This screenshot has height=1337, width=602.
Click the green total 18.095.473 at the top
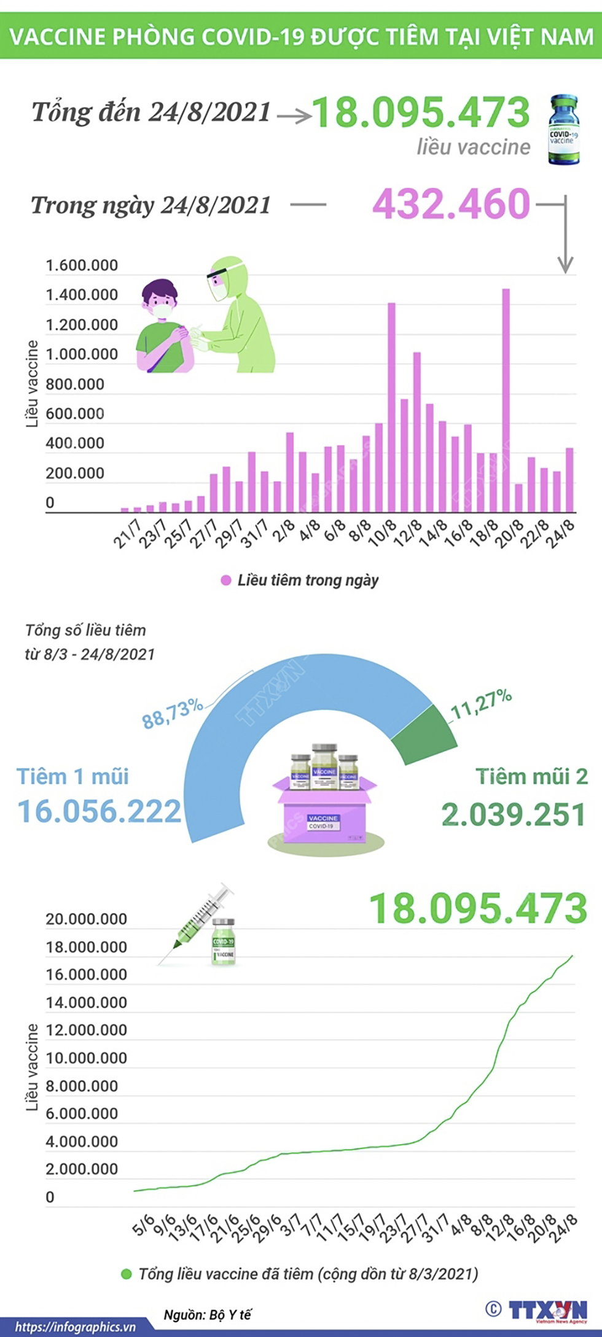pyautogui.click(x=421, y=112)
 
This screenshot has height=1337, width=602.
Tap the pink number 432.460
pyautogui.click(x=451, y=204)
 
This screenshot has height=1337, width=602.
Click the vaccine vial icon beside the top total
pyautogui.click(x=564, y=130)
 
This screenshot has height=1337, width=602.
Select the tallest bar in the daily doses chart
pyautogui.click(x=506, y=399)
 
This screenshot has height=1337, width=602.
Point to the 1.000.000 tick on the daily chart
pyautogui.click(x=82, y=354)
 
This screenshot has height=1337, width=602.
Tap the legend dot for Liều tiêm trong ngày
pyautogui.click(x=226, y=580)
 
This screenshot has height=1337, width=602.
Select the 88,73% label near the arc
pyautogui.click(x=172, y=713)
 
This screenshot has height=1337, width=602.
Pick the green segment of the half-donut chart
pyautogui.click(x=427, y=735)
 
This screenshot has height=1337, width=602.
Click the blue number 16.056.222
pyautogui.click(x=99, y=812)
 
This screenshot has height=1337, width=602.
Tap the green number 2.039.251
pyautogui.click(x=514, y=815)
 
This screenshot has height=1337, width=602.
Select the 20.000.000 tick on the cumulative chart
pyautogui.click(x=86, y=919)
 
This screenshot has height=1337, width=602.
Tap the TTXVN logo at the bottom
pyautogui.click(x=547, y=1309)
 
